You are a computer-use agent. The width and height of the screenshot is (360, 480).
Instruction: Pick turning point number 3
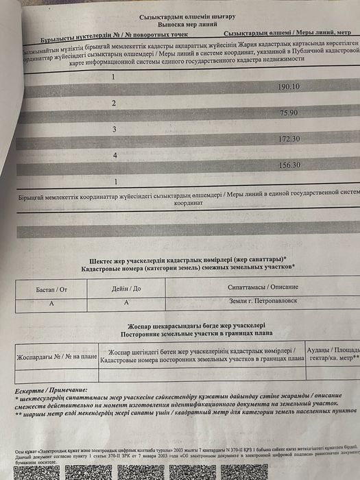tap(115, 128)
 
